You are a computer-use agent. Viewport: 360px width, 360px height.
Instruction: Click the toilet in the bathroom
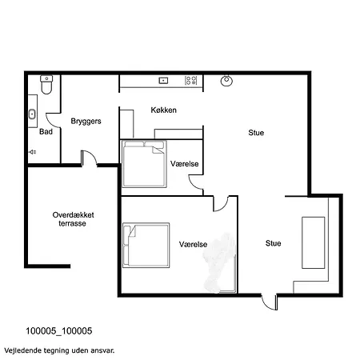pyautogui.click(x=46, y=85)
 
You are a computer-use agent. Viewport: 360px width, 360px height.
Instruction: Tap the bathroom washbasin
pyautogui.click(x=32, y=114)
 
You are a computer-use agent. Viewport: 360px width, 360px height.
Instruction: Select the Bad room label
pyautogui.click(x=46, y=131)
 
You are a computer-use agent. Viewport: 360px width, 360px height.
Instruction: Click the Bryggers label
pyautogui.click(x=86, y=122)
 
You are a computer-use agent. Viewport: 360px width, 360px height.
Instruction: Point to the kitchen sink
pyautogui.click(x=163, y=80)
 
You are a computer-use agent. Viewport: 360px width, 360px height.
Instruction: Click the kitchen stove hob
pyautogui.click(x=191, y=80)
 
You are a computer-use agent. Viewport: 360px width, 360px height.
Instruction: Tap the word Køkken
pyautogui.click(x=163, y=110)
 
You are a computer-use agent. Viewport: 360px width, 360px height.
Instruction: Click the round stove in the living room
pyautogui.click(x=226, y=81)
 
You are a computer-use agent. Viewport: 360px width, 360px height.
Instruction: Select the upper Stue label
pyautogui.click(x=256, y=133)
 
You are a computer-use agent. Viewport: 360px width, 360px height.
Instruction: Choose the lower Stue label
pyautogui.click(x=273, y=243)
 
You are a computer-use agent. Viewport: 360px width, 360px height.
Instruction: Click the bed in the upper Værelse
pyautogui.click(x=144, y=164)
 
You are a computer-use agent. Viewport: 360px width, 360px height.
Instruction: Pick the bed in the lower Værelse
pyautogui.click(x=146, y=245)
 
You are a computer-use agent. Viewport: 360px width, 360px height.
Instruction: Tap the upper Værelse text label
pyautogui.click(x=185, y=164)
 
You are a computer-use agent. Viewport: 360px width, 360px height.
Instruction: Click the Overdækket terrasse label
pyautogui.click(x=73, y=219)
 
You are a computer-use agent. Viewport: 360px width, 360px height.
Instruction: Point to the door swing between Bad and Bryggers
pyautogui.click(x=54, y=121)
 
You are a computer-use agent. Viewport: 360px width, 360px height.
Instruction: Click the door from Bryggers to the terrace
pyautogui.click(x=89, y=158)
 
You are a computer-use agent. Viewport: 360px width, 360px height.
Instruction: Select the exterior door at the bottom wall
pyautogui.click(x=269, y=302)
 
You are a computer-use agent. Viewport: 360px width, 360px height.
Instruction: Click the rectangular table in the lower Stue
pyautogui.click(x=314, y=242)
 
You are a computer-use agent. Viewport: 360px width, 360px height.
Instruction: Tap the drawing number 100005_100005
pyautogui.click(x=59, y=331)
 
